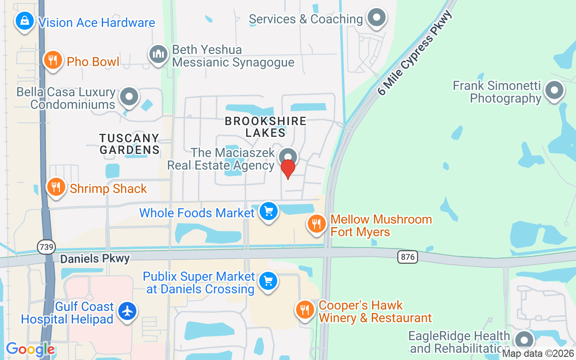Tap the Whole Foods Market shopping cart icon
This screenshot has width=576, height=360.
(269, 211)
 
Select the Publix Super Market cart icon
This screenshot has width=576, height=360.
(269, 282)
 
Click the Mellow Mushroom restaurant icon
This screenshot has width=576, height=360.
(317, 224)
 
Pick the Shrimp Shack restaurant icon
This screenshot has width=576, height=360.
(56, 187)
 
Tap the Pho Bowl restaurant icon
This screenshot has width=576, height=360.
(53, 60)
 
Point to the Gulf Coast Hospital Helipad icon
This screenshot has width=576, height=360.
(128, 311)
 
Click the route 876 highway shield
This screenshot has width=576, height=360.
(408, 257)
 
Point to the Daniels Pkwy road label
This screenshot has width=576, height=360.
(95, 259)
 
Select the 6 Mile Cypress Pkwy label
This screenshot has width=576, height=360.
(415, 53)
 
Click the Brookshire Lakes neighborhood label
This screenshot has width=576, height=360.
(265, 127)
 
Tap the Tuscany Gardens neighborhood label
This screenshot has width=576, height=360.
(130, 144)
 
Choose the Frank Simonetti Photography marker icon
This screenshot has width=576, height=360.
(554, 91)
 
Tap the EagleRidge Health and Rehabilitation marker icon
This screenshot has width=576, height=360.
(524, 341)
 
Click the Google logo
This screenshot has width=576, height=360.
(30, 349)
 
